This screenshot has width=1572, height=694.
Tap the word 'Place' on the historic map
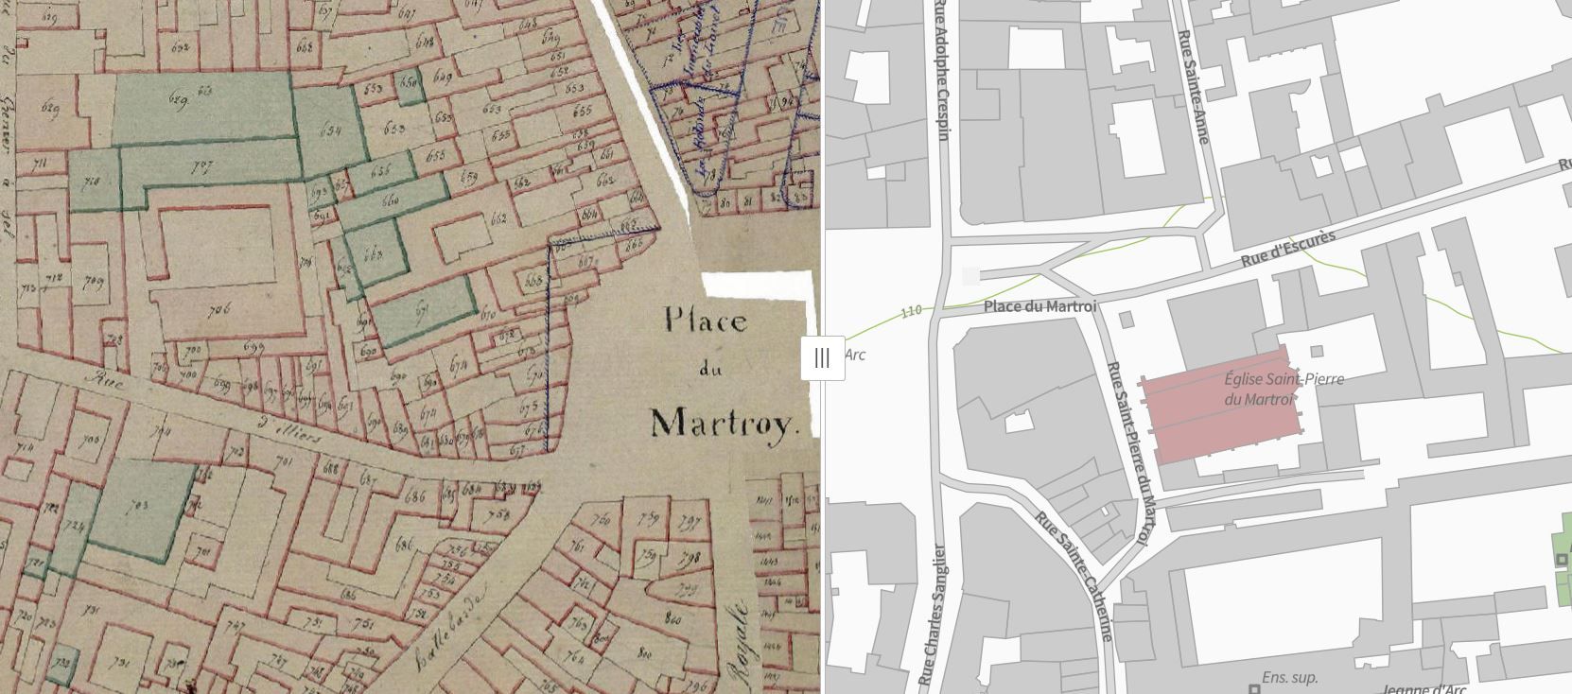[x=705, y=321]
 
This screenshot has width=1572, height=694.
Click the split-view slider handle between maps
[x=821, y=358]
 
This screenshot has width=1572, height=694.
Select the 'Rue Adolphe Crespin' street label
[x=943, y=71]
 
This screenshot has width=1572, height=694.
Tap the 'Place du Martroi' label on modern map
[x=1039, y=306]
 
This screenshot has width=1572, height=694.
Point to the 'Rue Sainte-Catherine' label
[x=1074, y=576]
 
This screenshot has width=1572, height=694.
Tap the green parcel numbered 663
[x=373, y=254]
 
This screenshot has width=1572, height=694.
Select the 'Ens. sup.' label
[x=1290, y=678]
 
